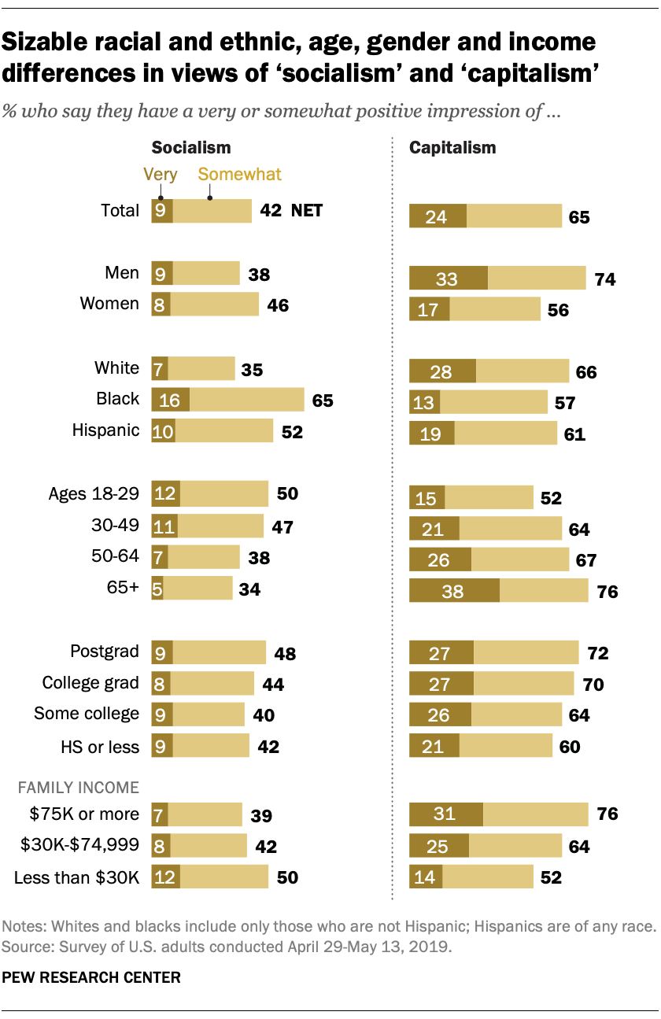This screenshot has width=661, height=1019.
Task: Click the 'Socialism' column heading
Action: click(x=190, y=147)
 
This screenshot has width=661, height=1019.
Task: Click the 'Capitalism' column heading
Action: click(x=452, y=147)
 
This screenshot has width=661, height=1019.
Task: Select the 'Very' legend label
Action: click(x=160, y=175)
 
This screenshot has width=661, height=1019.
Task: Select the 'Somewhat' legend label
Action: click(x=240, y=175)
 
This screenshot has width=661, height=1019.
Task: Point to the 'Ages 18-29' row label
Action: click(x=94, y=494)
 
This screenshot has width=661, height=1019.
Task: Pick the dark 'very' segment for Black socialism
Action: click(x=170, y=400)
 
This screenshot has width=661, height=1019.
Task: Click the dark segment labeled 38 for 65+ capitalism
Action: click(x=454, y=589)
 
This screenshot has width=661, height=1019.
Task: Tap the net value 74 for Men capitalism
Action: click(x=605, y=279)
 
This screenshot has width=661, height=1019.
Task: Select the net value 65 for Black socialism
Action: click(x=323, y=401)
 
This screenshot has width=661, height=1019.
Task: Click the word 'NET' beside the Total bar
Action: click(x=307, y=211)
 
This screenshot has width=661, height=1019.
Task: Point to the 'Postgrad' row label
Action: click(x=105, y=652)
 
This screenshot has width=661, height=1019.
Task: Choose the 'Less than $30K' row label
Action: click(x=76, y=877)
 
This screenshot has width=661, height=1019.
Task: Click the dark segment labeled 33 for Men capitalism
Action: click(x=449, y=279)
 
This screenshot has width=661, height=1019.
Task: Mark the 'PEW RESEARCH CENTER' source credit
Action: click(x=91, y=978)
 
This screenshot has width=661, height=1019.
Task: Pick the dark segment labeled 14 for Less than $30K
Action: click(x=426, y=877)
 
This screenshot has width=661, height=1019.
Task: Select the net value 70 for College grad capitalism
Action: click(x=593, y=685)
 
